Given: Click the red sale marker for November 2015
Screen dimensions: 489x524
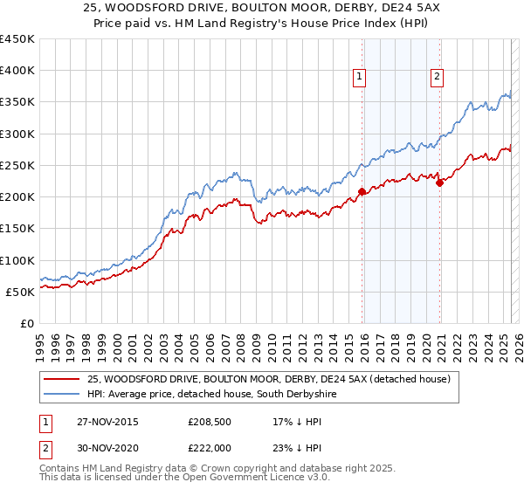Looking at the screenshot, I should tap(362, 191).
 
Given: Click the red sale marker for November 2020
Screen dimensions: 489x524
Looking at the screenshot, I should tap(439, 183).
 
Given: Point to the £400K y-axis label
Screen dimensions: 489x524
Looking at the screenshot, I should tap(17, 71).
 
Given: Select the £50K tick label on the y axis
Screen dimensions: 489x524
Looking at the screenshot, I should tap(20, 292).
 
